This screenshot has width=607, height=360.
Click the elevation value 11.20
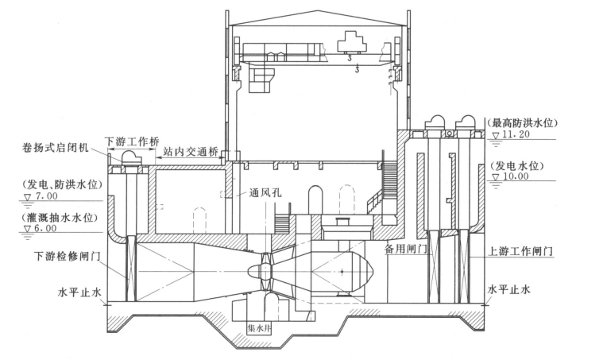[x=516, y=135]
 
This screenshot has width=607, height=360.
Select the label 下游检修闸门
[x=68, y=256]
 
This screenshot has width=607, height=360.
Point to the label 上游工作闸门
[x=520, y=252]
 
